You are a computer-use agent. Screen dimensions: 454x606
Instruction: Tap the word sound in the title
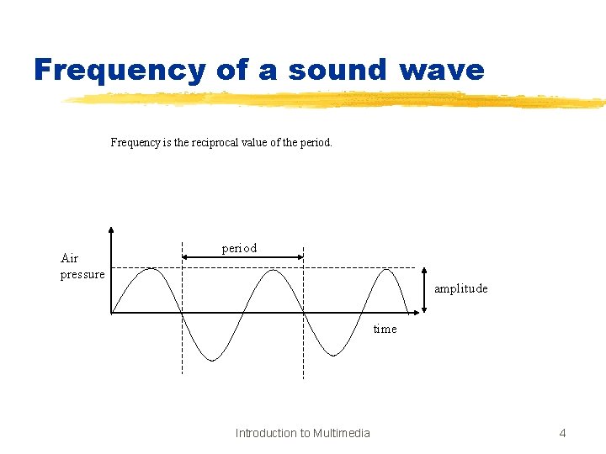(x=334, y=70)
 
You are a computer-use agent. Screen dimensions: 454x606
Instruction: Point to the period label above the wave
(x=239, y=248)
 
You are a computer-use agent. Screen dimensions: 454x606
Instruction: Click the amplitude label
(x=460, y=288)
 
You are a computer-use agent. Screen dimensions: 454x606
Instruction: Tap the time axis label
(x=385, y=329)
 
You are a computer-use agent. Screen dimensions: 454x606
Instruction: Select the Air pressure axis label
(x=82, y=266)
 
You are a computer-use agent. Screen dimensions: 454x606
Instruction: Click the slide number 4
(x=562, y=433)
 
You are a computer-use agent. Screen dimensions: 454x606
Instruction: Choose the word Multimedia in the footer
(x=341, y=433)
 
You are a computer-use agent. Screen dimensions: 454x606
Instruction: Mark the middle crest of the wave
(x=272, y=269)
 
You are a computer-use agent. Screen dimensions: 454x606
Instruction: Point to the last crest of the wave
(x=386, y=269)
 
